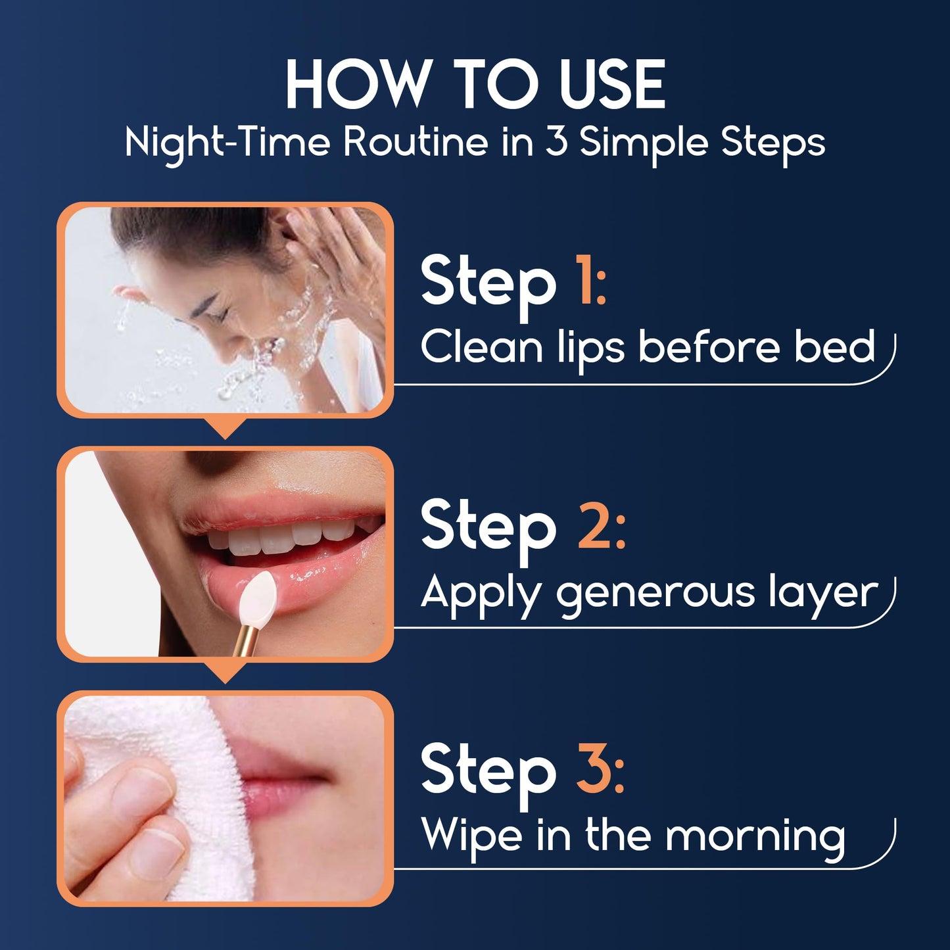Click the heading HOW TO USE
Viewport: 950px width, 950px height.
point(475,85)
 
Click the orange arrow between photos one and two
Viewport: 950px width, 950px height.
point(225,428)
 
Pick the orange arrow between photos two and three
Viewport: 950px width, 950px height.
point(225,672)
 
